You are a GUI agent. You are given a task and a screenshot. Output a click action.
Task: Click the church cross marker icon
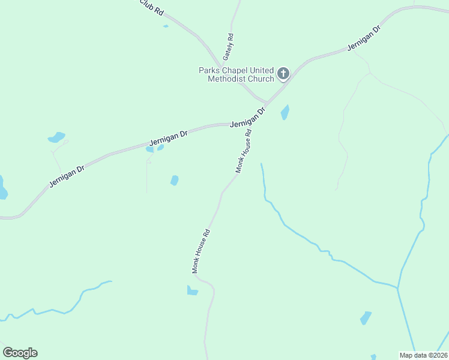283,74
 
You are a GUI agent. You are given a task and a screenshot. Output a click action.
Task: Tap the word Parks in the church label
209,70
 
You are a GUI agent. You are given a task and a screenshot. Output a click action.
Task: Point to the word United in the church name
262,70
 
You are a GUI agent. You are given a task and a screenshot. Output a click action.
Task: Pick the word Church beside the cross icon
259,79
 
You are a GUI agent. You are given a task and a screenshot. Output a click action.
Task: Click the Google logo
20,353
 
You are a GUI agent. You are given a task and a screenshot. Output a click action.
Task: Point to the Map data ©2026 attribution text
423,355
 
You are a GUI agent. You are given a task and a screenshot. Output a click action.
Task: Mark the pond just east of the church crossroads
285,112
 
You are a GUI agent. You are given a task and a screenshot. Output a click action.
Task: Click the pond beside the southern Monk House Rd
192,291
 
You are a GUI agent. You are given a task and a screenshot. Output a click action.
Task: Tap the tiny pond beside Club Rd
166,26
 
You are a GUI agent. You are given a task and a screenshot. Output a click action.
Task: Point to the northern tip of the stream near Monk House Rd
261,163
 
